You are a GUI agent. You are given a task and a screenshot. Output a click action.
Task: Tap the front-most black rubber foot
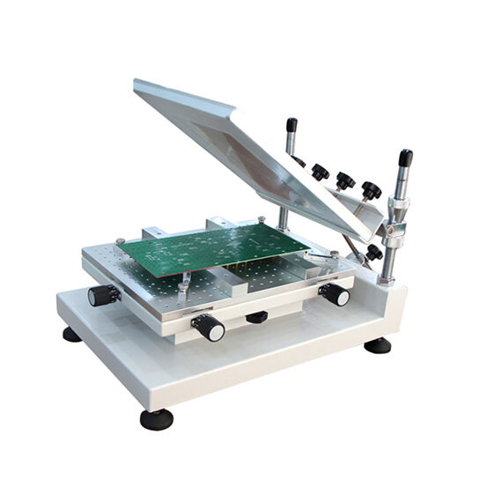click(x=156, y=418)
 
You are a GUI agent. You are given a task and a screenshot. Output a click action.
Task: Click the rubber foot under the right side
click(x=377, y=344)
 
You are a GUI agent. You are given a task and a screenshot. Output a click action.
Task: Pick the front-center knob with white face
click(x=209, y=328)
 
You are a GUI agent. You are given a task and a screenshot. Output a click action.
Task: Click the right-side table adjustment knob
click(x=335, y=294)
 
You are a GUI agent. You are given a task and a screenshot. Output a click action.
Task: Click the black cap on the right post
click(x=405, y=158)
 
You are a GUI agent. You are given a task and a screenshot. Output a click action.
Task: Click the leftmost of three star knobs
click(x=321, y=172)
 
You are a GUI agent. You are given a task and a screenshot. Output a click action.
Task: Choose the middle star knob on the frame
click(x=345, y=181)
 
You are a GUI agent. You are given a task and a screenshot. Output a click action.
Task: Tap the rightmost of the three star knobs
click(x=371, y=190)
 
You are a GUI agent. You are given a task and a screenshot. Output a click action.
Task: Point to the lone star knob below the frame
click(x=374, y=252)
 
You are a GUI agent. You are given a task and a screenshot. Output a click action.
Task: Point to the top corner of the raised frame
click(x=138, y=84)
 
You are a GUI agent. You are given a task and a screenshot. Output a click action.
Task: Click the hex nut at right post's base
click(x=386, y=279)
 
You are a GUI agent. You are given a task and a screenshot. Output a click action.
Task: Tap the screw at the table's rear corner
click(x=262, y=218)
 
